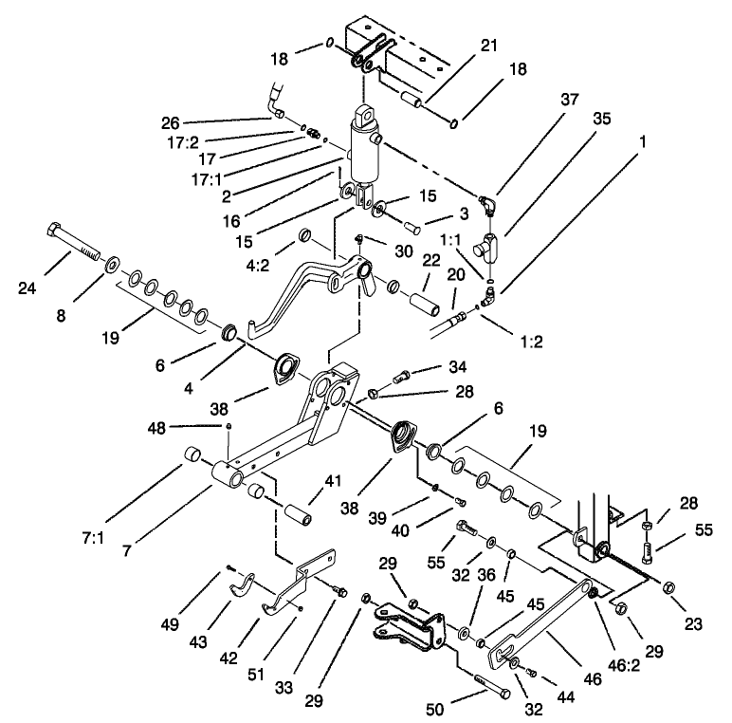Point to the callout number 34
click(458, 366)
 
